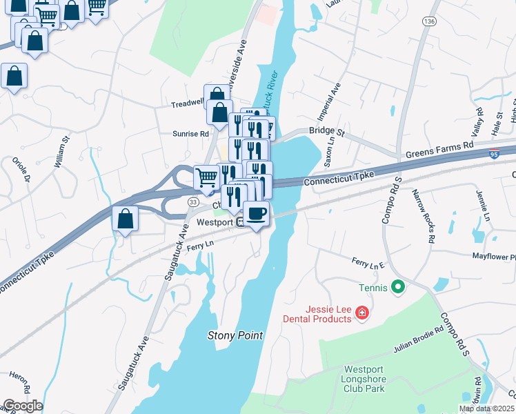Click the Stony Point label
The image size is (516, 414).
(x=236, y=335)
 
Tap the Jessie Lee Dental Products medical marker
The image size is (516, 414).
(x=361, y=315)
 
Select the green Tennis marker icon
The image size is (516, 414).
(x=397, y=286)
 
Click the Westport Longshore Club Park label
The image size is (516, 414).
(x=363, y=379)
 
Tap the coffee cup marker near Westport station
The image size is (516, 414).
(x=257, y=213)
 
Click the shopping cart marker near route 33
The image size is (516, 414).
(x=206, y=179)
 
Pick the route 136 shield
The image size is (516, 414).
(x=429, y=22)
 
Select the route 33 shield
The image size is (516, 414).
(x=193, y=201)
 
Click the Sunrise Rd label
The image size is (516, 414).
(x=190, y=133)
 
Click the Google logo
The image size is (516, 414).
(x=22, y=406)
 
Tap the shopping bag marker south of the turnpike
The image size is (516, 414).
(x=124, y=219)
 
